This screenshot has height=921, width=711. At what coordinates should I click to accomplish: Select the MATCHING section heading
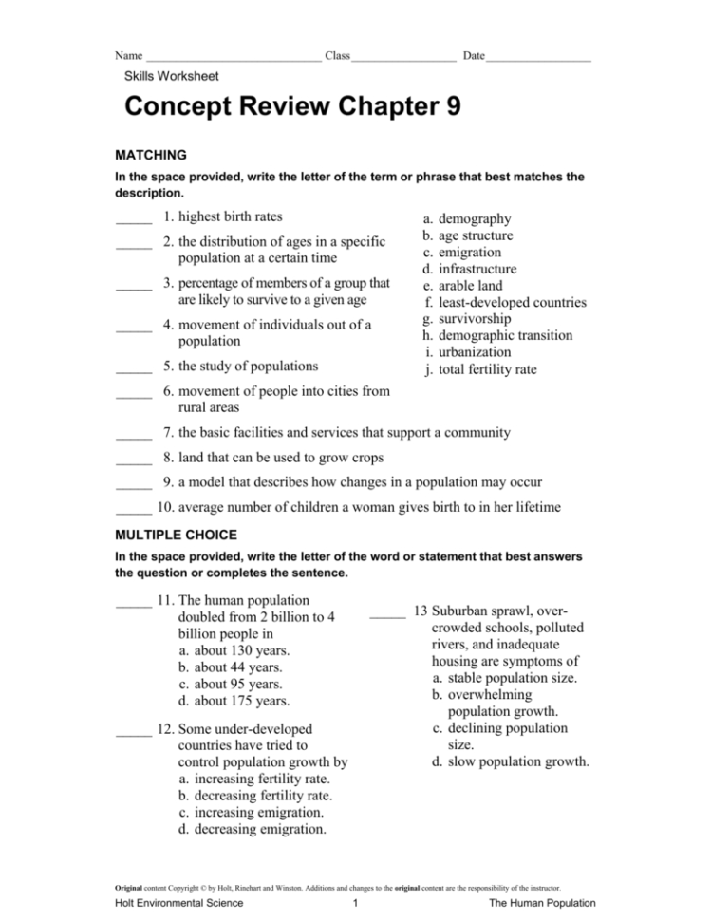150,155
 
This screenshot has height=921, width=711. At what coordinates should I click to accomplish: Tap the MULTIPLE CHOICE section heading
176,536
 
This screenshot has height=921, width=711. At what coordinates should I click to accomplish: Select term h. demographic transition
497,335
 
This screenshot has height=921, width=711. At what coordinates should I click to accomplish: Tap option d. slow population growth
510,761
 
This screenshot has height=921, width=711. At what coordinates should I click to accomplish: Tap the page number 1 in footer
353,903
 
